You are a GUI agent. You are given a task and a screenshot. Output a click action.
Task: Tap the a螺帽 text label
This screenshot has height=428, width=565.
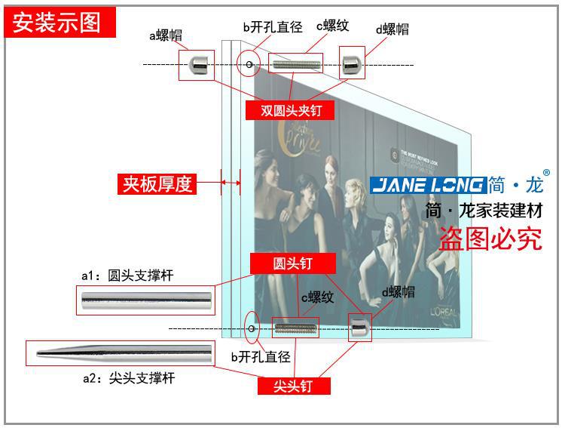coord(165,35)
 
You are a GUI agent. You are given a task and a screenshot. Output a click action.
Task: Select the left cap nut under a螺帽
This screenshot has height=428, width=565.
coord(197,65)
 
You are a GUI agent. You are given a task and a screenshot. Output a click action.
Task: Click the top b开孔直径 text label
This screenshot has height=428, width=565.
coord(272,27)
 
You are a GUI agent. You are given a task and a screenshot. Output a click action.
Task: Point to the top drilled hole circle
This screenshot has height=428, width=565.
coord(249,65)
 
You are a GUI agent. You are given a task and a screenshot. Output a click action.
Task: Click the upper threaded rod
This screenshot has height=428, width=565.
coord(295,65)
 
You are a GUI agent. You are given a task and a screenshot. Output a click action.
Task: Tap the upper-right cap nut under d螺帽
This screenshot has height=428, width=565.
coord(351,65)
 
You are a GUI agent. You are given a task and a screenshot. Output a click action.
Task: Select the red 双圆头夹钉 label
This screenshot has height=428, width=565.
coord(291,110)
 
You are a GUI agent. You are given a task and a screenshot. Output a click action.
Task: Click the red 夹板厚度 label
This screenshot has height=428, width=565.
coord(157,183)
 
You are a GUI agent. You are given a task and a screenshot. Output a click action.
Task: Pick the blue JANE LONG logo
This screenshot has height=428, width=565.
coord(427,185)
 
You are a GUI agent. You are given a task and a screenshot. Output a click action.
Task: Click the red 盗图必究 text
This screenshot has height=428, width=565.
coord(490,239)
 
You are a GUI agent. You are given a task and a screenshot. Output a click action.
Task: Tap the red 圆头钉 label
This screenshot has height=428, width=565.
coord(292,263)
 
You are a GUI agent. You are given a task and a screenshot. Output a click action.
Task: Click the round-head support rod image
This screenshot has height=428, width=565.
coord(148,302)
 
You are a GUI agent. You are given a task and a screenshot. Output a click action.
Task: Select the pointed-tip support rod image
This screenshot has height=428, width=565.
coord(120,353)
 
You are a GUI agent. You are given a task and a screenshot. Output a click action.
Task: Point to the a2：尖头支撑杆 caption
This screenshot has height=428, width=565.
coord(129,378)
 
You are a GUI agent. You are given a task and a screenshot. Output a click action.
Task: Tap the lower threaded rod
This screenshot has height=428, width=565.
coord(295,328)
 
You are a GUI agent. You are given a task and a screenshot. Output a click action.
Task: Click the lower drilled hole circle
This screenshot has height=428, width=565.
coord(252,328)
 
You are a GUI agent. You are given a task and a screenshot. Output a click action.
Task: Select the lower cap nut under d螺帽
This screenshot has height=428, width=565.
coord(359,328)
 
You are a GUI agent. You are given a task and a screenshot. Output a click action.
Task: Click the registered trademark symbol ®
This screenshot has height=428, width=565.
coord(547,173)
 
